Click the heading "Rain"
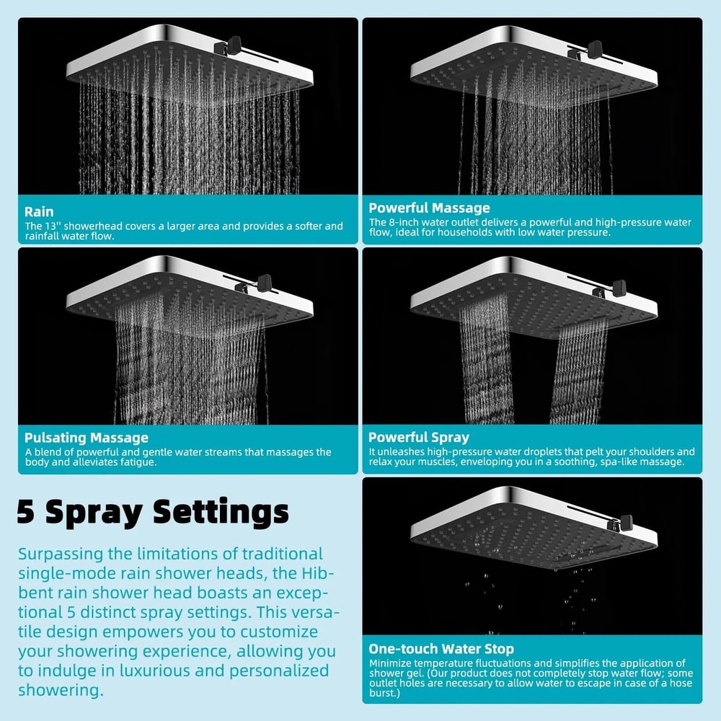[x=39, y=212]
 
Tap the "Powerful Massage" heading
[x=429, y=208]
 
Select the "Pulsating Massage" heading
[x=87, y=438]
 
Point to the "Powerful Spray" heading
[x=419, y=437]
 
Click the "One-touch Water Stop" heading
[x=441, y=648]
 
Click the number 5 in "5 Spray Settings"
[x=27, y=512]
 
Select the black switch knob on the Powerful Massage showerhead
[x=596, y=49]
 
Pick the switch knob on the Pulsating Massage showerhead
[x=265, y=280]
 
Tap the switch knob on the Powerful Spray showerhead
[x=619, y=287]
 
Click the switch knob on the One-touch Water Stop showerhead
[x=625, y=521]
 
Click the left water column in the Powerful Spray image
[x=487, y=360]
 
